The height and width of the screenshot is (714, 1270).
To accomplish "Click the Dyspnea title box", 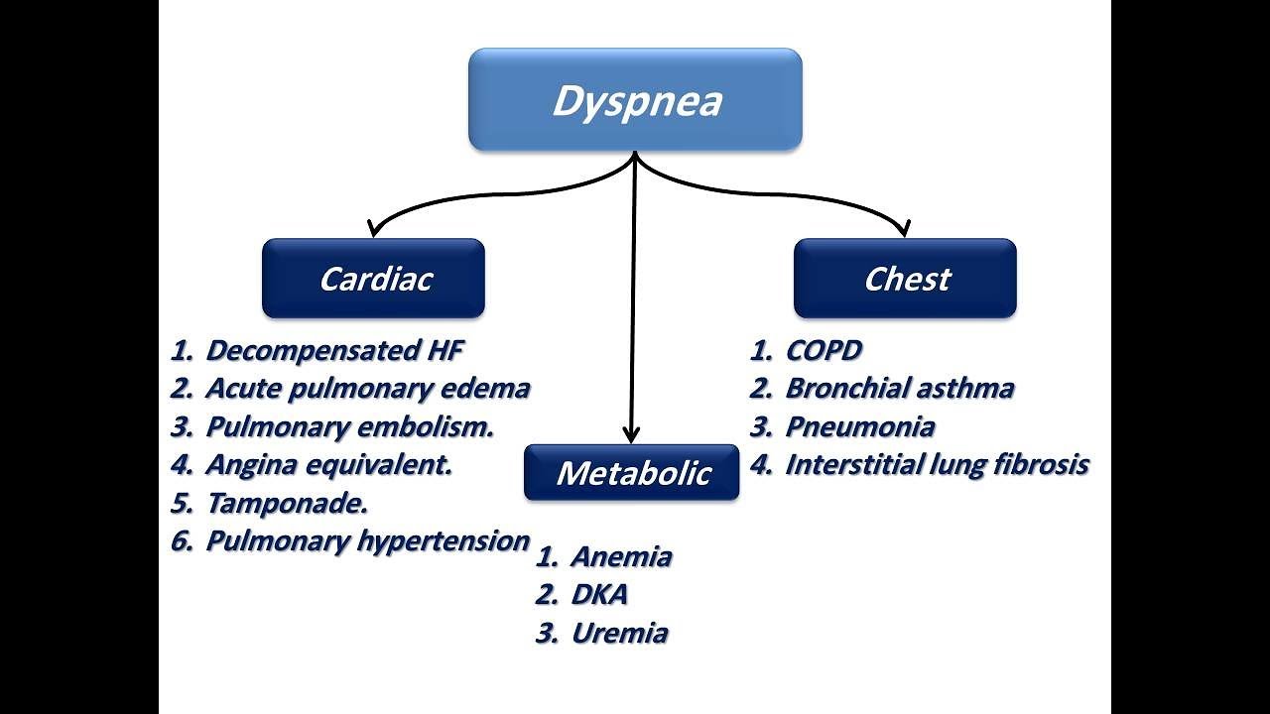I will tap(635, 100).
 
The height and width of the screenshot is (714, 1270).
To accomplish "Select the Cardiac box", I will tap(373, 279).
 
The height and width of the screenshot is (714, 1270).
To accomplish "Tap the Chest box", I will tap(905, 279).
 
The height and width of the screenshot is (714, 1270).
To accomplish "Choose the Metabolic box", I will tap(632, 472).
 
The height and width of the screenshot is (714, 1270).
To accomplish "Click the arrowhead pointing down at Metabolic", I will tap(631, 434).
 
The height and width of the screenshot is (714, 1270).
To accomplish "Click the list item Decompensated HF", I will tap(334, 350).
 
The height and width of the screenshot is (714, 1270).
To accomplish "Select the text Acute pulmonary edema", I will tap(367, 389).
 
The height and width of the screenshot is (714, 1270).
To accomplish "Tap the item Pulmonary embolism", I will tap(349, 427).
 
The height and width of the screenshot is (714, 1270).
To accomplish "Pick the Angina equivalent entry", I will tap(328, 464).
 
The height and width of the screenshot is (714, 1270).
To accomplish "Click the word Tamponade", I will tap(287, 503).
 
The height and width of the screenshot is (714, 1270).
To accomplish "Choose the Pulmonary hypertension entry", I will tap(367, 541).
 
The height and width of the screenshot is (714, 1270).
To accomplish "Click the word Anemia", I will tap(621, 557).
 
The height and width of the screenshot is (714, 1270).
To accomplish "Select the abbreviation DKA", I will tap(599, 595).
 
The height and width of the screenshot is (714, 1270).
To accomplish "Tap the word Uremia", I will tap(619, 634).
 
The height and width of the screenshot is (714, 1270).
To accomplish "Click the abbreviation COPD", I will tap(824, 350).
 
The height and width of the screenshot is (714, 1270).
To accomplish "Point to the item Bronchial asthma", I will tap(899, 389).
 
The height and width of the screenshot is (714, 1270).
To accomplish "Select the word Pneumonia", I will tap(859, 427).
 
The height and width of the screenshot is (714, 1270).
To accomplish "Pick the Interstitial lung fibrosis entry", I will tap(937, 465).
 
